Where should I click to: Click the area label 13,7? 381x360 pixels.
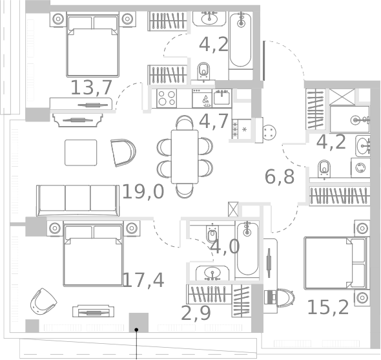tap(91, 87)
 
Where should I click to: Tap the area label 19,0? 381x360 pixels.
tap(143, 192)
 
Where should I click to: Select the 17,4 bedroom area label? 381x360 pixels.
tap(143, 281)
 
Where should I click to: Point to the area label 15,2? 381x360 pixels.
tap(328, 308)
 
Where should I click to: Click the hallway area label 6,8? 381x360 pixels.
tap(280, 176)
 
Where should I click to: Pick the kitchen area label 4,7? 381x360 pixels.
tap(214, 121)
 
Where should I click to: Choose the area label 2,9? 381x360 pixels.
tap(196, 313)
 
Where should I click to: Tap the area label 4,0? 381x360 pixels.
tap(225, 247)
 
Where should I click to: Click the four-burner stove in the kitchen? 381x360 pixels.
tap(167, 98)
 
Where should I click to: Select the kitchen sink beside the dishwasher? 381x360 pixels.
tap(221, 98)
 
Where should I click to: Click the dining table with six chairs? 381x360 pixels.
tap(185, 156)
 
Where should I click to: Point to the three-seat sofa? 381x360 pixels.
tap(77, 200)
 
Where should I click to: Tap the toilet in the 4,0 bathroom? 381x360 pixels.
tap(212, 233)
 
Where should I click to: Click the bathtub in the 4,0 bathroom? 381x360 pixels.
tap(247, 249)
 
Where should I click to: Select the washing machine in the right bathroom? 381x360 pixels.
tap(360, 167)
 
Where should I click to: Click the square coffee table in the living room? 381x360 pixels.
tap(81, 153)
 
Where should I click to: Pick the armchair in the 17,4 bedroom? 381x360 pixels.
tap(43, 302)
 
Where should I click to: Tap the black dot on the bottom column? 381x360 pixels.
tap(136, 330)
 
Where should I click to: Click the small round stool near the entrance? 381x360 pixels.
tap(269, 132)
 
